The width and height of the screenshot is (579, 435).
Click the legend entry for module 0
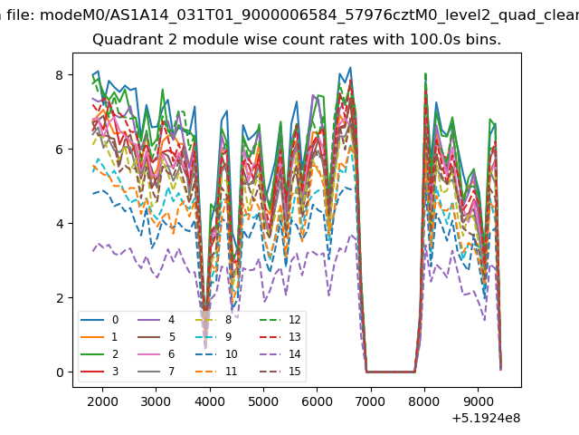pos(100,320)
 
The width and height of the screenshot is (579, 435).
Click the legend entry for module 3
pos(100,371)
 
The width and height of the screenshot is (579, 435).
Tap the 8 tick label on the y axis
pos(60,75)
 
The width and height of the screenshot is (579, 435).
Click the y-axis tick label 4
pos(60,224)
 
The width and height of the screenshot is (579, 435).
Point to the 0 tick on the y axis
pos(60,372)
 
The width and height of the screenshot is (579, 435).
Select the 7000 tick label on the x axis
pos(370,401)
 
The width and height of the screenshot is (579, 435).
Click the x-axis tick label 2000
pos(102,401)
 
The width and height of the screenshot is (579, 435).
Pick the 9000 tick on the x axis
pos(478,401)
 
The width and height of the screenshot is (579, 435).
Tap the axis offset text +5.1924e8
pos(486,418)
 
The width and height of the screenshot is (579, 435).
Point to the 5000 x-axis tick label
pos(263,401)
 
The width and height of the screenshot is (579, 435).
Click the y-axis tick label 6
pos(60,150)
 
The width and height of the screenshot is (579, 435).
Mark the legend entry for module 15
pos(280,371)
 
